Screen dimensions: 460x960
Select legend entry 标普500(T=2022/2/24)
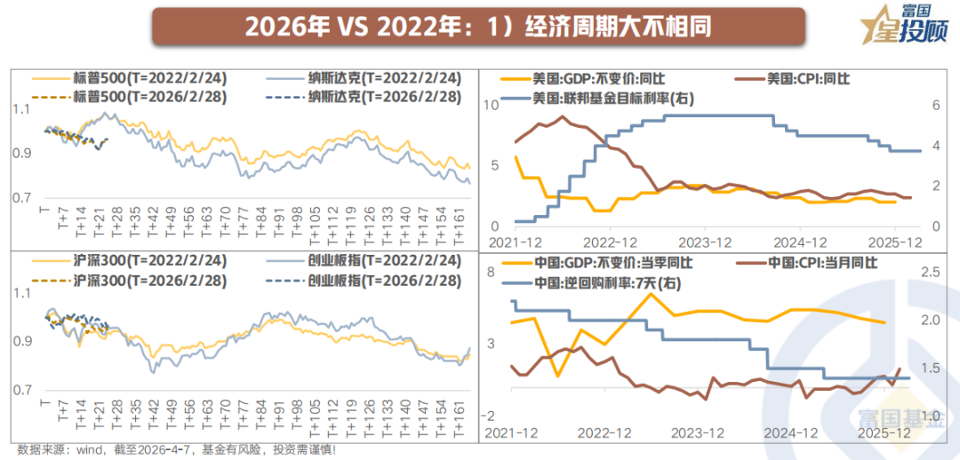click(x=134, y=77)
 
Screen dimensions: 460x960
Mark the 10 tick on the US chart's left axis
click(x=491, y=106)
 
